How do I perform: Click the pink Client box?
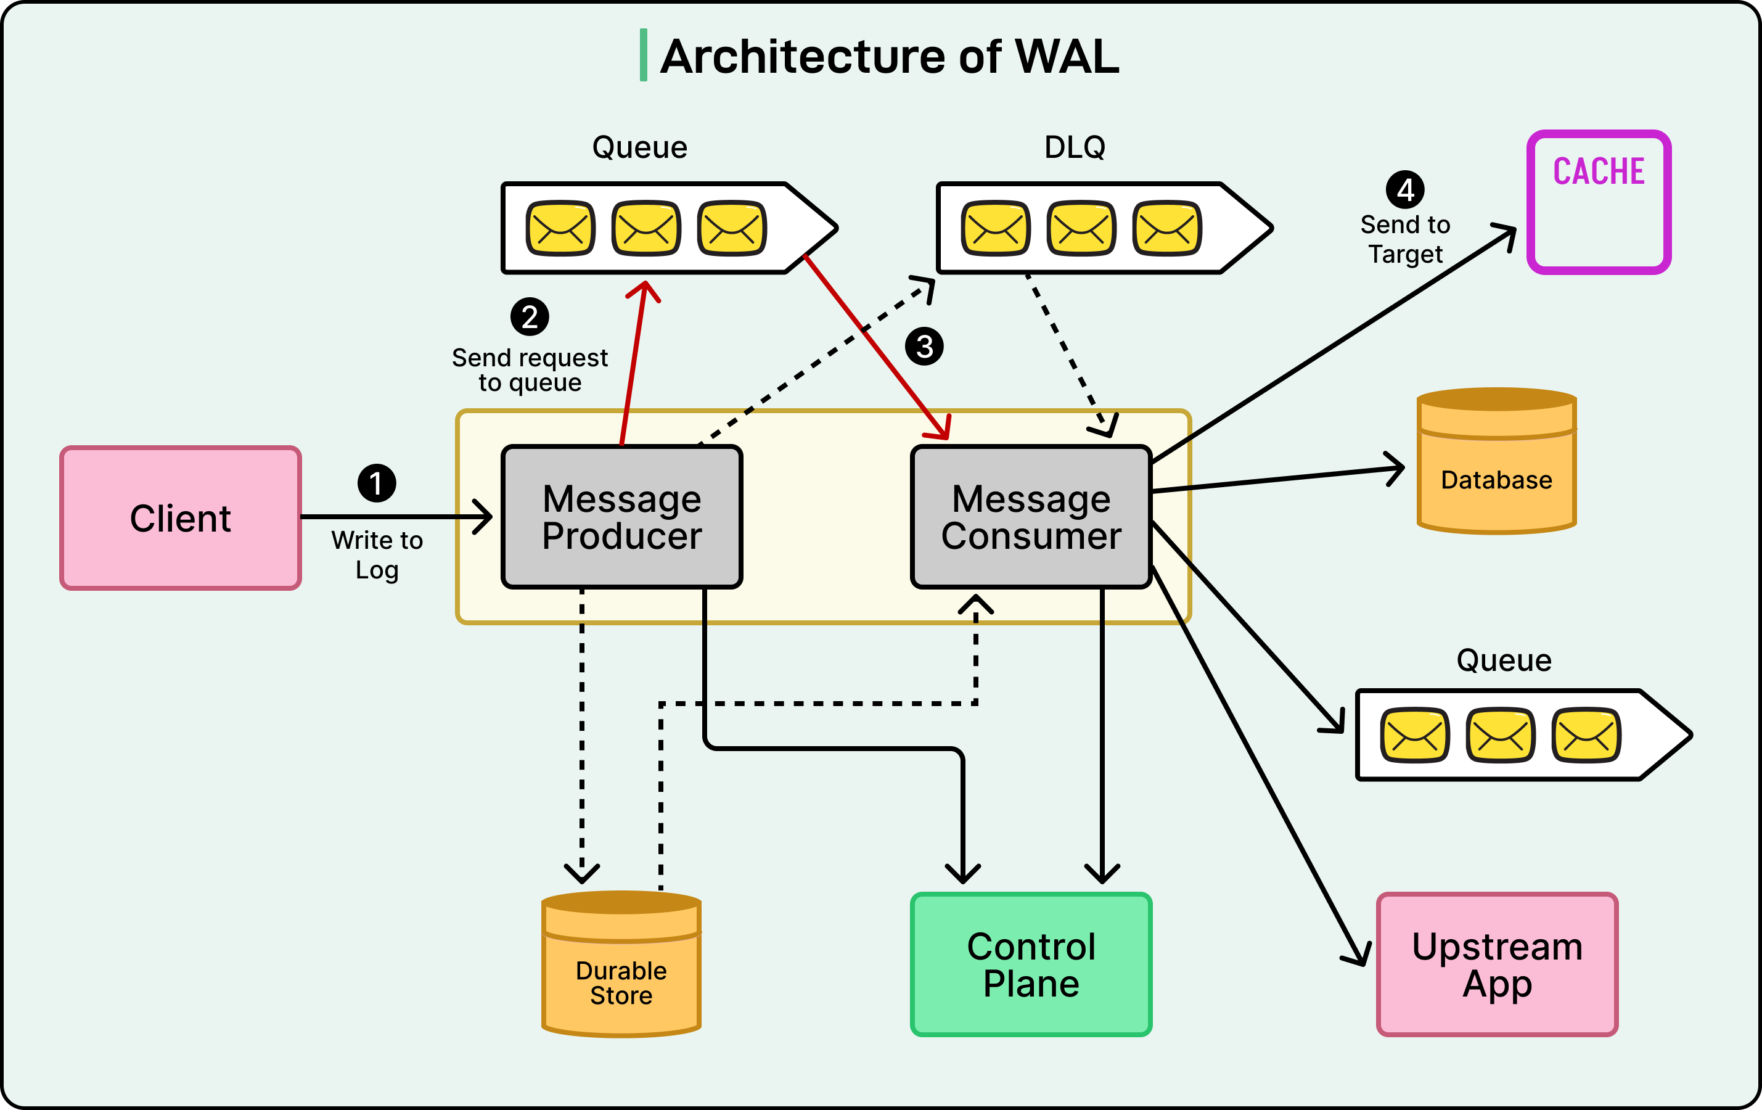click(x=180, y=517)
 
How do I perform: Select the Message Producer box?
click(x=622, y=517)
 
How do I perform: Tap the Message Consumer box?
click(x=1031, y=517)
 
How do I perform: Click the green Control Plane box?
click(x=1031, y=964)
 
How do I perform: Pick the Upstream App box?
click(x=1497, y=964)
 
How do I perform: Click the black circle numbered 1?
click(x=376, y=483)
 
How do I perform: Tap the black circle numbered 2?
click(x=530, y=317)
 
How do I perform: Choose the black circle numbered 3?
click(x=924, y=346)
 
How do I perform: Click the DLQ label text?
click(x=1074, y=147)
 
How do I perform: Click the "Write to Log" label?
click(x=377, y=554)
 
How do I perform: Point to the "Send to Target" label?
click(x=1405, y=239)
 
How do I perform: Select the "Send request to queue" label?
click(x=530, y=369)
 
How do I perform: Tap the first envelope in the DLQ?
click(x=995, y=228)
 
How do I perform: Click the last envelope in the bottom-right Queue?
click(x=1586, y=734)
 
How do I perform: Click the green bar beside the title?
click(x=643, y=55)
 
